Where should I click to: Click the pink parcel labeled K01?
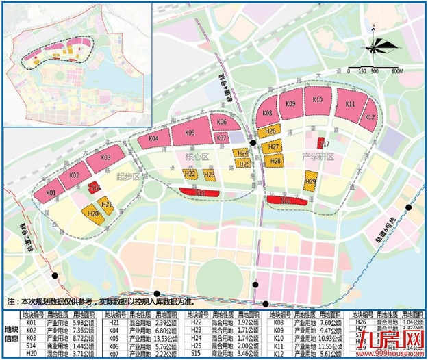(51, 194)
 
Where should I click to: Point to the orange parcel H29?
(310, 182)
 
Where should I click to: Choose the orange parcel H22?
(191, 175)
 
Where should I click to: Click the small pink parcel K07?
(221, 138)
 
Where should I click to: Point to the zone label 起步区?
(128, 177)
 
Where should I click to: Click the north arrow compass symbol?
(381, 49)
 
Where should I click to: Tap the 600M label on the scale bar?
(397, 71)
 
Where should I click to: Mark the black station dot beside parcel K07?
(253, 142)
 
